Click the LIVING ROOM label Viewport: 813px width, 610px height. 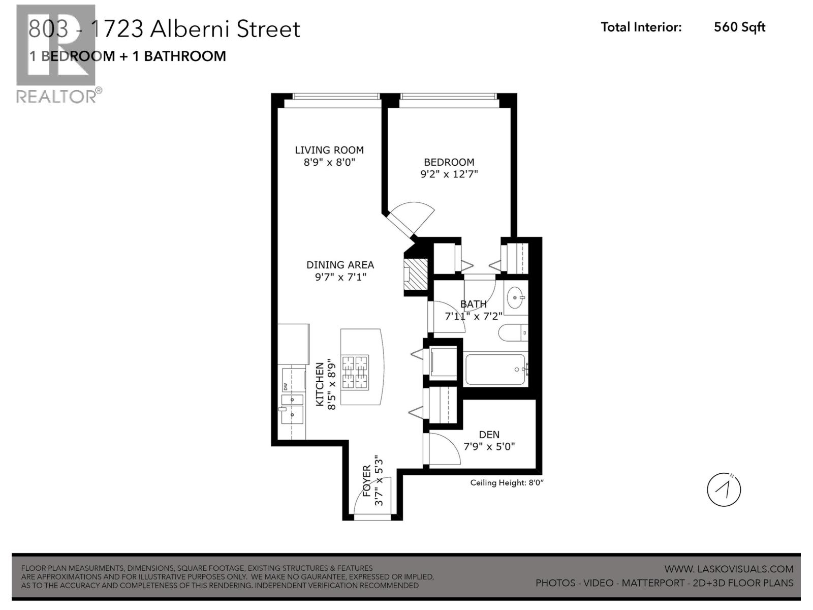329,150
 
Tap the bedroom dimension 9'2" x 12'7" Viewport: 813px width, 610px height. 449,174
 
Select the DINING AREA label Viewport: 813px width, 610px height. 340,265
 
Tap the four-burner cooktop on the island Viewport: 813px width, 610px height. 354,373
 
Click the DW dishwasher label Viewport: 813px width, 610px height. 285,386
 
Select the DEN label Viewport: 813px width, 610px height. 489,435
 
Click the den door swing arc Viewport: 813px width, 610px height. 447,447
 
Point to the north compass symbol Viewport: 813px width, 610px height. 724,490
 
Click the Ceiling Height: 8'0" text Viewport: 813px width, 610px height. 507,483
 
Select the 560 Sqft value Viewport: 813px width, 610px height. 739,27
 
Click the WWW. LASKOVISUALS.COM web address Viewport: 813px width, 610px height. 728,569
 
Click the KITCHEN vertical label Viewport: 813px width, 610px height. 320,384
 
